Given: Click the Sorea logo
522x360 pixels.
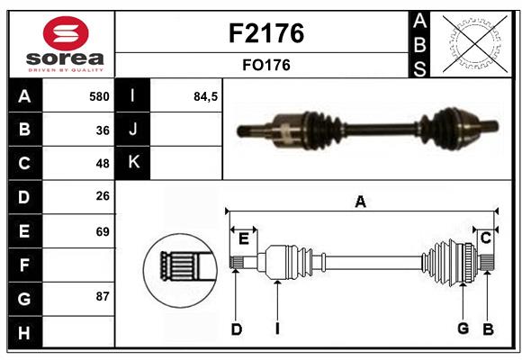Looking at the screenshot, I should tap(60, 43).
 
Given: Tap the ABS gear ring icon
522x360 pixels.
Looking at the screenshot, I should tap(473, 42).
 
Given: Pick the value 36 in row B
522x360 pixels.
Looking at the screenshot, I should tap(103, 130).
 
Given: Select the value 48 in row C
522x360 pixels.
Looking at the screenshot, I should tap(103, 164).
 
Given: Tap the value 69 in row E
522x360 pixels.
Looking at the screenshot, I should tap(103, 231).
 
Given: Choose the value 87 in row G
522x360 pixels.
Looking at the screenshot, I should tap(103, 296).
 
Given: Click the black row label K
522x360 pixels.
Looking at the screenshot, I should tap(133, 163).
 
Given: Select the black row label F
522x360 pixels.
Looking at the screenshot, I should tap(24, 265).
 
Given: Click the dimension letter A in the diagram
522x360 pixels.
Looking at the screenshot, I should tap(361, 202).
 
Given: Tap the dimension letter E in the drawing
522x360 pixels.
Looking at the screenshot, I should tap(244, 238).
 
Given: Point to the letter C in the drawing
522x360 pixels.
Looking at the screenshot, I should tap(485, 238).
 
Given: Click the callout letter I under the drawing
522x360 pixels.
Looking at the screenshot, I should tap(278, 329).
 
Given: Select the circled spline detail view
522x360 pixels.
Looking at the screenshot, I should tap(180, 267).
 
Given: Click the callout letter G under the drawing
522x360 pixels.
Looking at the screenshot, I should tap(463, 328).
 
